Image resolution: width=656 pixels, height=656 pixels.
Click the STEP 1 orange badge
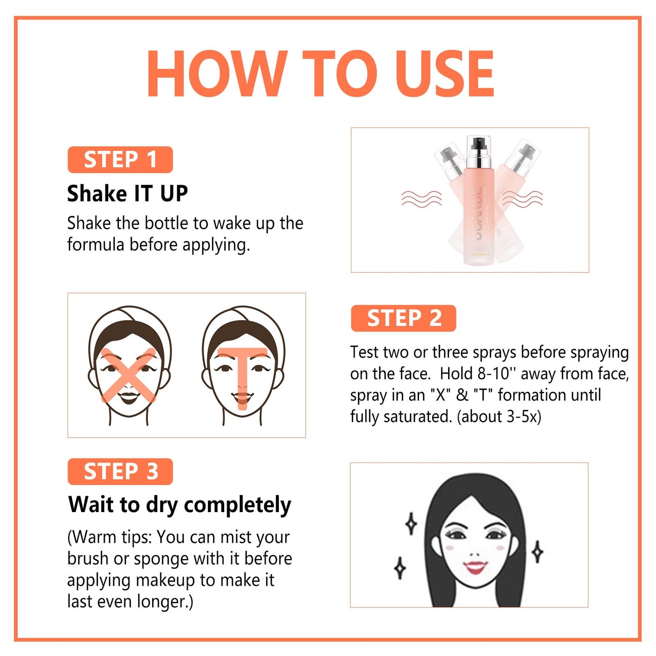click(120, 160)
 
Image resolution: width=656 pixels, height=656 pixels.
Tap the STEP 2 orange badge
click(403, 318)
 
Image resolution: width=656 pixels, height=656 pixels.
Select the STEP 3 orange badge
click(120, 472)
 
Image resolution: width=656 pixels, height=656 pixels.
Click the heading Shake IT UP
click(127, 194)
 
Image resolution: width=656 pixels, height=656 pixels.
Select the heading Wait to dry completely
click(180, 505)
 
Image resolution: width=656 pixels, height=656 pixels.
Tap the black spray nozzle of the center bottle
click(478, 145)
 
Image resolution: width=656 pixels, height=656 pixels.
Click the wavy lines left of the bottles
click(421, 198)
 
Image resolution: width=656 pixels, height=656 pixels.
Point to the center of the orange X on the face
click(128, 375)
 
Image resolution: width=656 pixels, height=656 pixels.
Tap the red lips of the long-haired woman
click(475, 567)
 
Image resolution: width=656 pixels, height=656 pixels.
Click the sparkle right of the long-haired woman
click(538, 552)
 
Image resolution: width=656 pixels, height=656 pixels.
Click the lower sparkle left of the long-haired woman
click(400, 568)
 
